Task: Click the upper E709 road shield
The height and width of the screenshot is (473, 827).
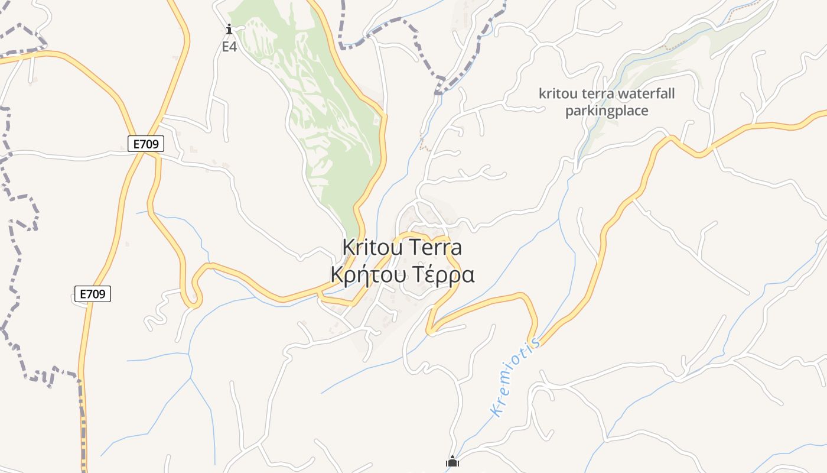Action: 145,144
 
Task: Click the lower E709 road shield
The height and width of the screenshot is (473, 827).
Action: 93,294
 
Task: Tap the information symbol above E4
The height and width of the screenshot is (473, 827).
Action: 229,29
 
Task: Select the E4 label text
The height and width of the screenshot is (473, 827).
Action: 229,47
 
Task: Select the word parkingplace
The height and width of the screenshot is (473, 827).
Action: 607,111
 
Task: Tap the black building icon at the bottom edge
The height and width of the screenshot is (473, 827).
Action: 452,462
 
